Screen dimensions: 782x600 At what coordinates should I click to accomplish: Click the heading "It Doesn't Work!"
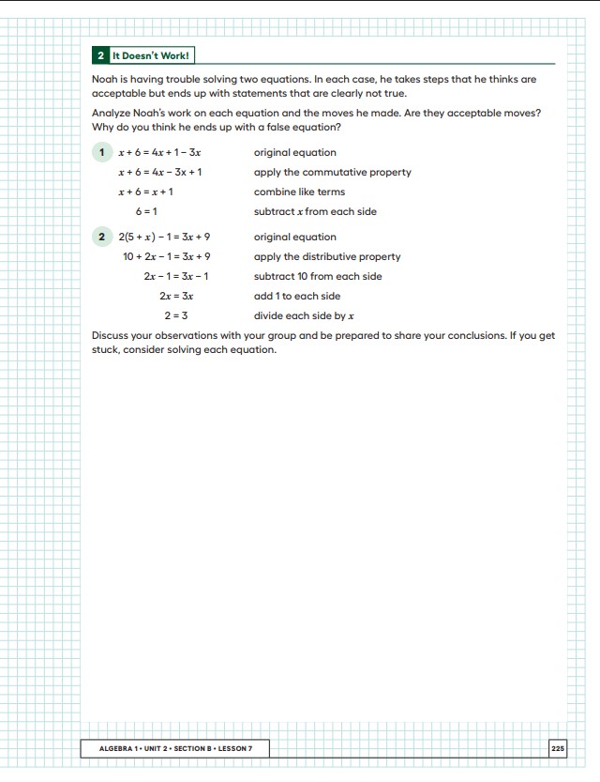[151, 55]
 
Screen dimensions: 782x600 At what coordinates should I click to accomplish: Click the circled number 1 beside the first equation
[102, 152]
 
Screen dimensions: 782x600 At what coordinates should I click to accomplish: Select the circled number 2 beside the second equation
[102, 237]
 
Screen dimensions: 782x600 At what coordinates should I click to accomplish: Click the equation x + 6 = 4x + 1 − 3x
[159, 152]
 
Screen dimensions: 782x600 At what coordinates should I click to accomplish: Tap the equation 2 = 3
[175, 315]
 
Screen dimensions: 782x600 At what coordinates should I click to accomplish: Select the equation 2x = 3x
[176, 296]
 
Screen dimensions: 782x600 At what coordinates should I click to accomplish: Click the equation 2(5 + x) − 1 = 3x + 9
[164, 237]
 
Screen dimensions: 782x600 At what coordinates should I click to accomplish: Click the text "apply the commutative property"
[332, 172]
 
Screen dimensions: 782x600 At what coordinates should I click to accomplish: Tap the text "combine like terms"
[299, 192]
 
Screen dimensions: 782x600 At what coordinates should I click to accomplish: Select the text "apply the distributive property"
[327, 256]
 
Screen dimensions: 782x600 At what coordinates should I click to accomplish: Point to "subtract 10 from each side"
[318, 276]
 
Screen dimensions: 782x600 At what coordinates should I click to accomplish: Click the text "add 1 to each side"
[297, 296]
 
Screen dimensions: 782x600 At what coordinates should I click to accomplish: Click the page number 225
[558, 748]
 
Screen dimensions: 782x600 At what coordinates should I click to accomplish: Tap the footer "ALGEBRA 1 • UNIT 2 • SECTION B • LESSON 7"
[176, 748]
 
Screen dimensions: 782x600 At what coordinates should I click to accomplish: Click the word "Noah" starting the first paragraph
[104, 80]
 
